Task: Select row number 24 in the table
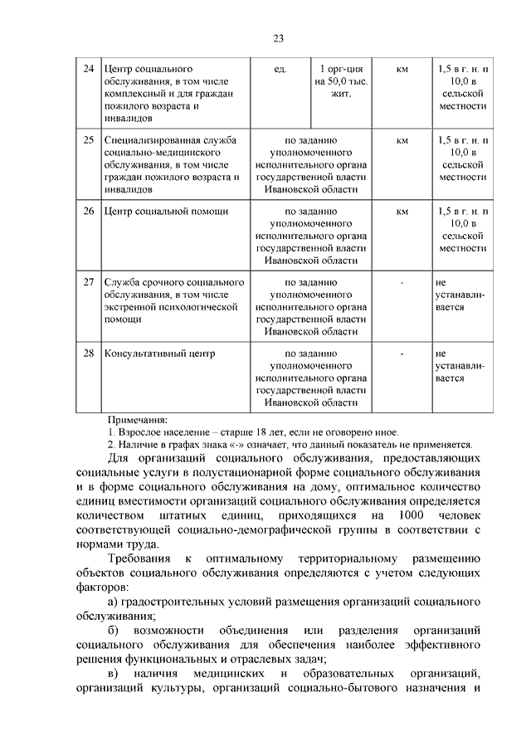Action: click(88, 67)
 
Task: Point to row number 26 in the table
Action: click(88, 211)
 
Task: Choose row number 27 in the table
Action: click(88, 282)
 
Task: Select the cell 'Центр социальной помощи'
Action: click(166, 211)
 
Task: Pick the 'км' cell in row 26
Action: click(402, 211)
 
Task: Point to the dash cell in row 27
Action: click(402, 282)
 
